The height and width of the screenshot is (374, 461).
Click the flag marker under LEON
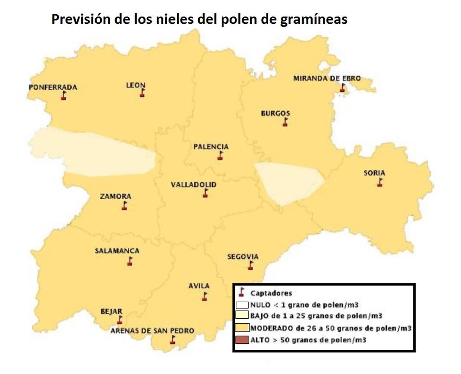[x=142, y=93]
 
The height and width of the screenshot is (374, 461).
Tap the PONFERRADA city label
[x=53, y=87]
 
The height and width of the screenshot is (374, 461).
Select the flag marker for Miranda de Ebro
[x=342, y=88]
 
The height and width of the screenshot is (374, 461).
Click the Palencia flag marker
[x=220, y=156]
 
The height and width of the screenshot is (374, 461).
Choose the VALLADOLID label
[x=194, y=185]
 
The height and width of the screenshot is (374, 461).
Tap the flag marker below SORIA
[x=380, y=182]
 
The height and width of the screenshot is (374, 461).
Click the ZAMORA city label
[x=115, y=196]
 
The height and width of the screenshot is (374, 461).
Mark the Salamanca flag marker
[x=130, y=261]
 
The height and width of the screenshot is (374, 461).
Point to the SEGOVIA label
[x=243, y=257]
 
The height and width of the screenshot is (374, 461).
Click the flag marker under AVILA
[x=205, y=296]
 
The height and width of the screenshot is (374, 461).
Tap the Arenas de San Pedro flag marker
[x=173, y=339]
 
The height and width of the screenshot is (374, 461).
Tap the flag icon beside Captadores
[x=242, y=293]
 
